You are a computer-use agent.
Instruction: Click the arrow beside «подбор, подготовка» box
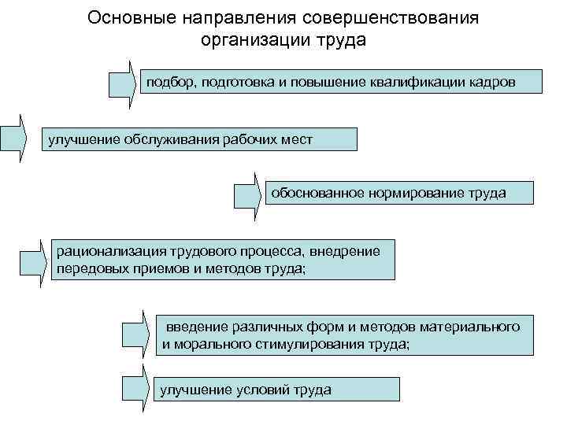coord(123,79)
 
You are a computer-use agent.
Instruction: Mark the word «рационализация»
coord(105,251)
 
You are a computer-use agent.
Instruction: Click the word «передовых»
coord(83,269)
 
